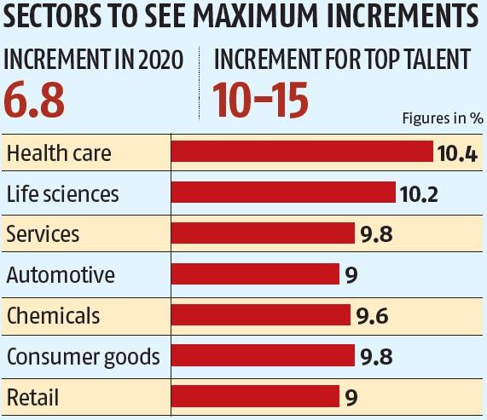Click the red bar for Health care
tap(303, 152)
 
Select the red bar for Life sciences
tap(283, 193)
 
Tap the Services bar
tap(263, 233)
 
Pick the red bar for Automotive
tap(255, 274)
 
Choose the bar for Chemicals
tap(260, 315)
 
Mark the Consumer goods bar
tap(263, 355)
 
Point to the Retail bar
tap(255, 396)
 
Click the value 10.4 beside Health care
tap(456, 153)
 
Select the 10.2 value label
tap(418, 193)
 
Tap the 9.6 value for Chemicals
tap(372, 316)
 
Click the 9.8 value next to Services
tap(375, 234)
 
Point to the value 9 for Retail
tap(351, 397)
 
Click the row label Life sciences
tap(62, 193)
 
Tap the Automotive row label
tap(60, 274)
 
